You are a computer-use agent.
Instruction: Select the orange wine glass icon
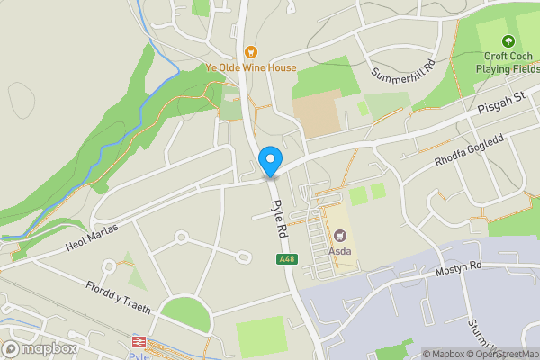click(x=251, y=52)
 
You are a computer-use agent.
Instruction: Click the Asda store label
click(x=339, y=251)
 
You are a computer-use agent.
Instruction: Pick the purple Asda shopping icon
click(x=339, y=236)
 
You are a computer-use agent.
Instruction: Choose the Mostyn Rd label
click(x=459, y=267)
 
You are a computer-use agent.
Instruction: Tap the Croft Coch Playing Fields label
click(x=507, y=61)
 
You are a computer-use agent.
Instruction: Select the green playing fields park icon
click(x=508, y=40)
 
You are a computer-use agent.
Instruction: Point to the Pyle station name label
click(x=137, y=355)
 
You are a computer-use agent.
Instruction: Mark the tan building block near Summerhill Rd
click(x=316, y=113)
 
